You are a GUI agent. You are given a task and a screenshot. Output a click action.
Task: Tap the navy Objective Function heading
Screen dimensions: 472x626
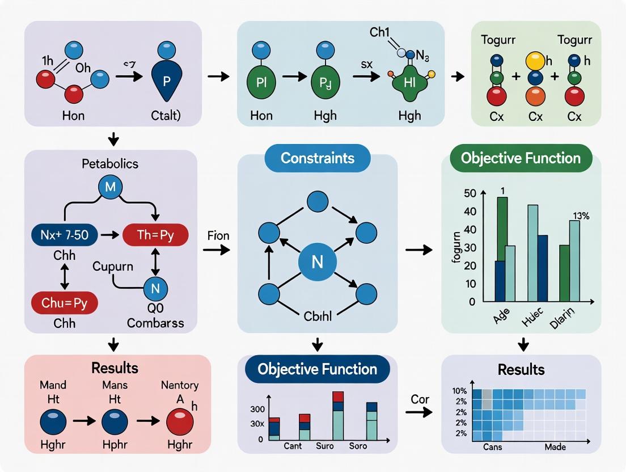pyautogui.click(x=318, y=369)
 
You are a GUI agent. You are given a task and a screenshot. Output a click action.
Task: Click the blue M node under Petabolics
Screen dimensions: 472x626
pyautogui.click(x=110, y=186)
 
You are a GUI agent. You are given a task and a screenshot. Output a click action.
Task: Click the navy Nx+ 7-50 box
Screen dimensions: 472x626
pyautogui.click(x=64, y=235)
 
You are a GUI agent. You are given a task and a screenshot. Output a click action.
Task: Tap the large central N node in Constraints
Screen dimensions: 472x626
pyautogui.click(x=317, y=263)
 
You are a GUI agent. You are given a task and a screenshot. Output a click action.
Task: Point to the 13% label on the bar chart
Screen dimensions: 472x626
pyautogui.click(x=581, y=214)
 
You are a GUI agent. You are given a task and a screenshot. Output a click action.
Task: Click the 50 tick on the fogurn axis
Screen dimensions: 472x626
pyautogui.click(x=469, y=193)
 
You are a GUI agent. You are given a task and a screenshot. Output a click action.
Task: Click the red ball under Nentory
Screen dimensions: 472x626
pyautogui.click(x=180, y=422)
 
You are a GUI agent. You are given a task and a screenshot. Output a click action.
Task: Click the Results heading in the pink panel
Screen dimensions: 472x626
pyautogui.click(x=116, y=368)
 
